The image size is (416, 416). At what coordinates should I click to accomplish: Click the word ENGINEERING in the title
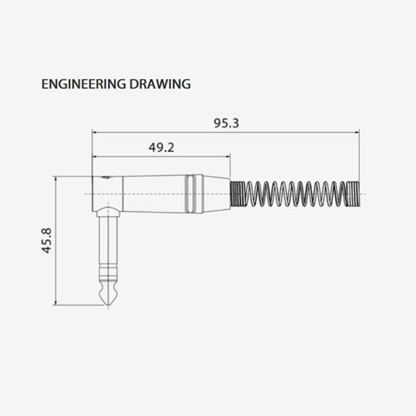84,84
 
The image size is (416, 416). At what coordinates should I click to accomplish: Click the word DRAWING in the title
160,84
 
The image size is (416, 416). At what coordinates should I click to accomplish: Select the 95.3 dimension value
226,123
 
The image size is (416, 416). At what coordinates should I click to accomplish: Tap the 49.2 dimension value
161,148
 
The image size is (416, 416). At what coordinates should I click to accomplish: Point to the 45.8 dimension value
47,241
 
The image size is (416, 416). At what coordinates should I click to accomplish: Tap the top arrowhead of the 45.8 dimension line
56,180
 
